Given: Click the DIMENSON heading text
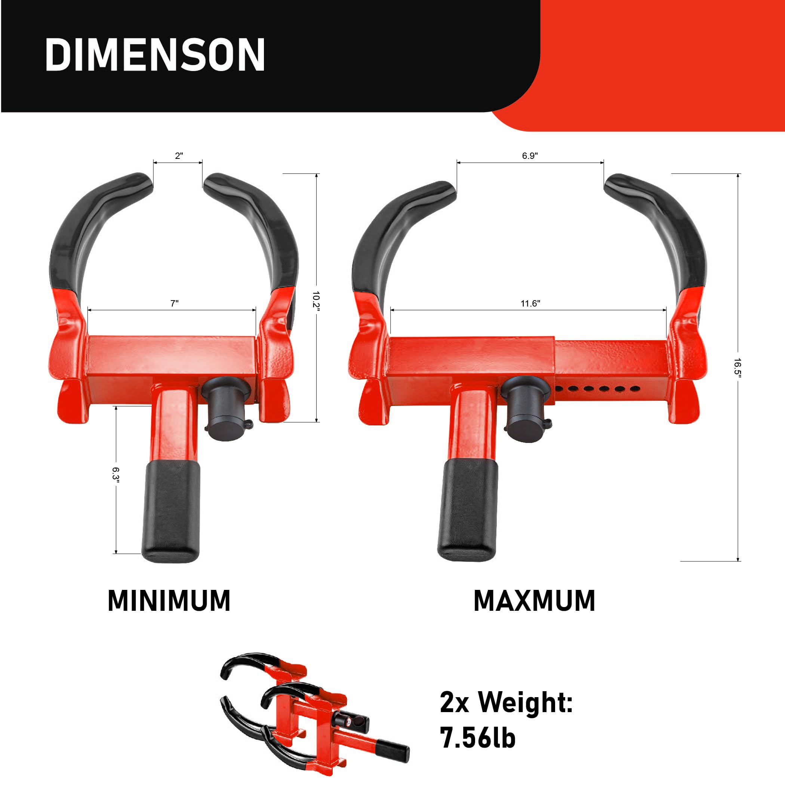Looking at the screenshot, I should click(x=155, y=55).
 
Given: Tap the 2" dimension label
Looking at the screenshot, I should click(x=179, y=156).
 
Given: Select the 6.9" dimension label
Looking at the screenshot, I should click(x=530, y=156).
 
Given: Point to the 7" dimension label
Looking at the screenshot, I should click(x=174, y=303).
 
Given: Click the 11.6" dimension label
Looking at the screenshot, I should click(x=530, y=303).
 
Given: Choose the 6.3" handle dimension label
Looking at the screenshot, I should click(x=116, y=475).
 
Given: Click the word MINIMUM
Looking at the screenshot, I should click(x=169, y=601).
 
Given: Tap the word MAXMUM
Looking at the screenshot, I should click(x=534, y=601).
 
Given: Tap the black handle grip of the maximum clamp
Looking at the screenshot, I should click(x=468, y=510).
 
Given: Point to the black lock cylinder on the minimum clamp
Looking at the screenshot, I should click(x=226, y=410).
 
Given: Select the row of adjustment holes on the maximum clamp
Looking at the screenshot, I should click(x=596, y=389).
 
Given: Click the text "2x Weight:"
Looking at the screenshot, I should click(x=506, y=702).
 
